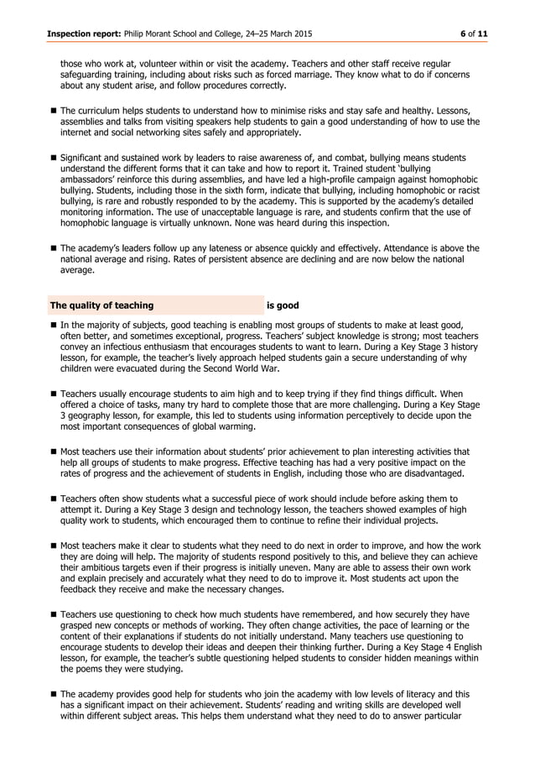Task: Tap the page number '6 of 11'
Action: (x=473, y=33)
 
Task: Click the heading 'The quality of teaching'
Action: (x=101, y=305)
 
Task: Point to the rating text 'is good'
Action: (x=283, y=305)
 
